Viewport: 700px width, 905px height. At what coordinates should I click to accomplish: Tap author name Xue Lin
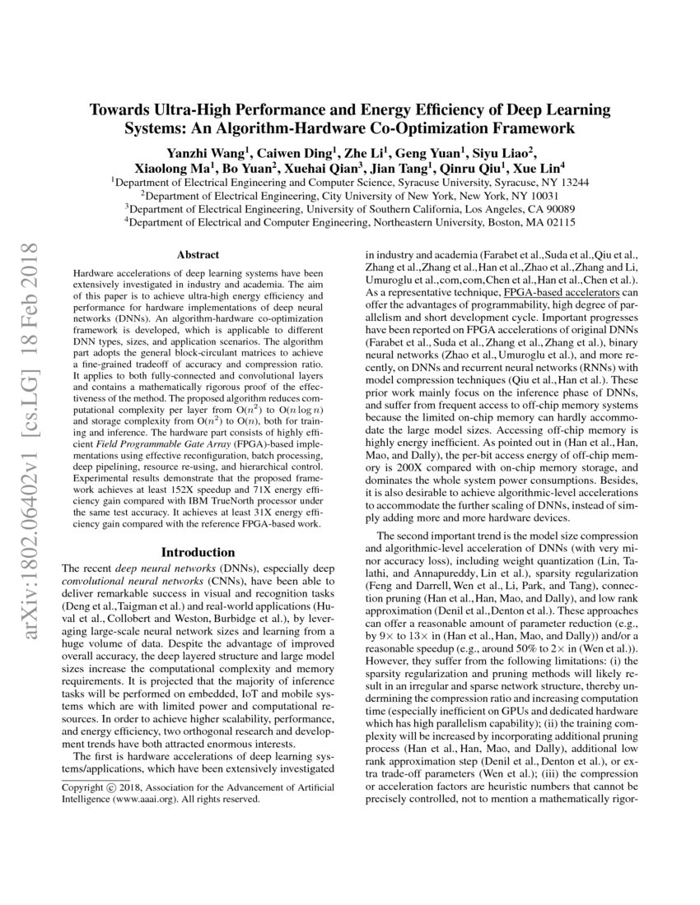point(535,168)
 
